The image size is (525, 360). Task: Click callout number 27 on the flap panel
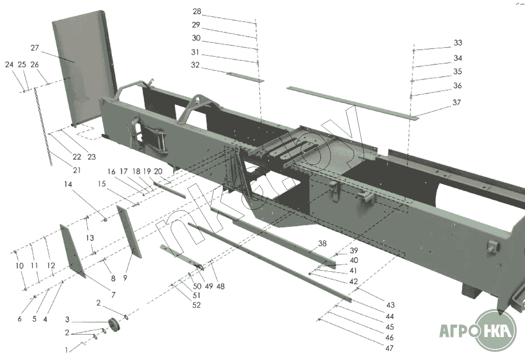tap(35, 48)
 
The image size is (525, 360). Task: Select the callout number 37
tap(457, 103)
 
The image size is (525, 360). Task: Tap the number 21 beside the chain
tap(77, 170)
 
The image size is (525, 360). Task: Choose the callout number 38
tap(322, 244)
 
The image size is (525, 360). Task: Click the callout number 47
tap(389, 348)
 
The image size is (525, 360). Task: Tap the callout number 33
tap(458, 43)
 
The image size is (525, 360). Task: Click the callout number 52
tap(196, 305)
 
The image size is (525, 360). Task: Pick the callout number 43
tap(390, 305)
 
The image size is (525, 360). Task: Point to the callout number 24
tap(9, 64)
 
